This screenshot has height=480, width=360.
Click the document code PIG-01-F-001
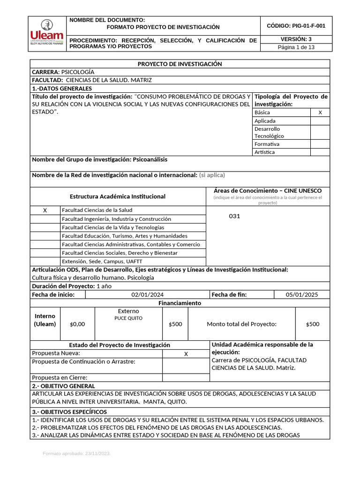pos(296,26)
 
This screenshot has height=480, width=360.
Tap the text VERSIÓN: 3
pos(296,39)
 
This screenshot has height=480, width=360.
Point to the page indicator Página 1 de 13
pos(296,47)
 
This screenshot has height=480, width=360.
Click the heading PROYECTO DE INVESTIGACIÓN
pos(180,64)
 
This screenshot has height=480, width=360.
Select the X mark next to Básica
pos(320,112)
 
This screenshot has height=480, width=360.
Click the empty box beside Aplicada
pos(320,121)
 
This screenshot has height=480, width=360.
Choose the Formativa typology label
pos(267,144)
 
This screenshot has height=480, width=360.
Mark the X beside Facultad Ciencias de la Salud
pos(45,210)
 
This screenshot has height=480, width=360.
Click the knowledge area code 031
pos(234,216)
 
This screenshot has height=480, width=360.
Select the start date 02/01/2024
pos(148,295)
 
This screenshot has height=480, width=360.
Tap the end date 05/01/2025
pos(302,295)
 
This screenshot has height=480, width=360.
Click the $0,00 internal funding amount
pos(77,324)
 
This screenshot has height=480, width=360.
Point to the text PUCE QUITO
pos(128,318)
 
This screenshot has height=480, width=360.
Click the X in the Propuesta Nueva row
pos(186,354)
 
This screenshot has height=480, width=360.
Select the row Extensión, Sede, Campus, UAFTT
pos(102,262)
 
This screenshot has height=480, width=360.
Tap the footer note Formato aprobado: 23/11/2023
pos(76,454)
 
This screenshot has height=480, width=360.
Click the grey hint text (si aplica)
pos(212,175)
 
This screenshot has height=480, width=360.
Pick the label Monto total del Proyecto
pos(241,324)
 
